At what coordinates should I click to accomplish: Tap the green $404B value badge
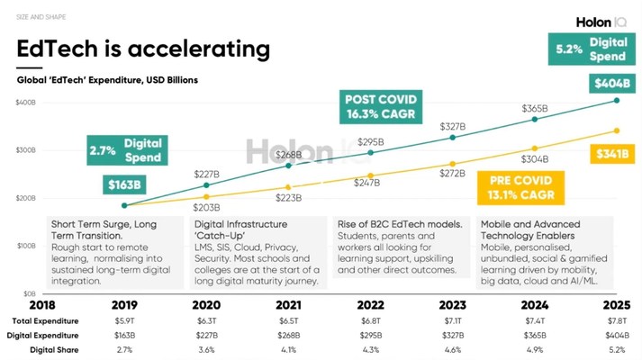[611, 84]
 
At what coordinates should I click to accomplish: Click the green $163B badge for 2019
[124, 186]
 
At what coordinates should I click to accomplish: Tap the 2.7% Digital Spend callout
[125, 150]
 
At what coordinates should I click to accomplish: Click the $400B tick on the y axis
[25, 102]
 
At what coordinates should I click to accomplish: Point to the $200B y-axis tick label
[25, 198]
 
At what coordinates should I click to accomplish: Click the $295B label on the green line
[371, 141]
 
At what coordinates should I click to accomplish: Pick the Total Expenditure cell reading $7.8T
[617, 320]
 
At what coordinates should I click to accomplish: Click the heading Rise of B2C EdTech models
[398, 224]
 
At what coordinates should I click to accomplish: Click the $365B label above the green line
[536, 108]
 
